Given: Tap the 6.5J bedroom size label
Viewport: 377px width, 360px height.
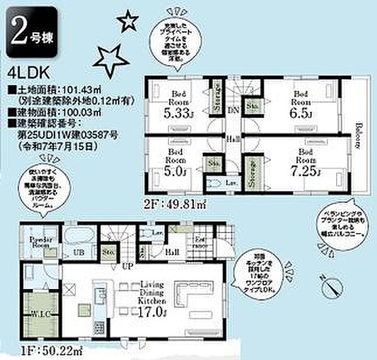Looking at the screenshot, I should click(x=301, y=115).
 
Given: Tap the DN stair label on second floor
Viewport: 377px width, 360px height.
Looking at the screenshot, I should click(x=233, y=109).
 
